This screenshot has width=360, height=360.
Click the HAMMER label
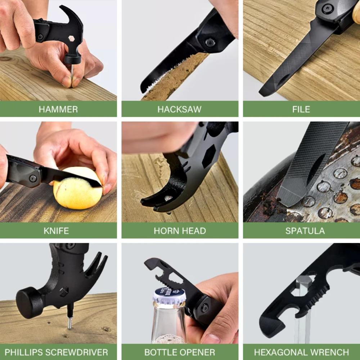pyautogui.click(x=58, y=109)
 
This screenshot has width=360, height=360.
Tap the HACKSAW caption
pyautogui.click(x=179, y=109)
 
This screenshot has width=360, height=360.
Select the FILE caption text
pyautogui.click(x=301, y=109)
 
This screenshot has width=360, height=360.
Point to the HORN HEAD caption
pyautogui.click(x=180, y=231)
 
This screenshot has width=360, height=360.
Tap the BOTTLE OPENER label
pyautogui.click(x=180, y=352)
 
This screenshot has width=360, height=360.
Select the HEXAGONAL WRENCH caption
pyautogui.click(x=301, y=352)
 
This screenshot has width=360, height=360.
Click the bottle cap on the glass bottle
pyautogui.click(x=169, y=296)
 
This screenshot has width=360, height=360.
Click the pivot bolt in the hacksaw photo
pyautogui.click(x=210, y=42)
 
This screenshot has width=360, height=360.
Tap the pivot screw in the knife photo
pyautogui.click(x=33, y=178)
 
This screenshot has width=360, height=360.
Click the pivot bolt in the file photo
pyautogui.click(x=327, y=8)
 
